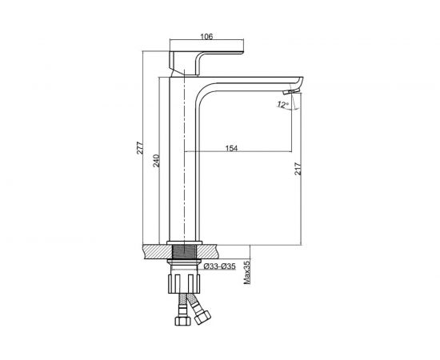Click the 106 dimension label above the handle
point(206,37)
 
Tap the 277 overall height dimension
point(140,148)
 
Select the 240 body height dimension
point(156,161)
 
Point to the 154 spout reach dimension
point(231,148)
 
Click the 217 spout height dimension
point(298,168)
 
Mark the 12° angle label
point(283,105)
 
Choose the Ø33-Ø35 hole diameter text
point(219,266)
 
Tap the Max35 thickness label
point(247,273)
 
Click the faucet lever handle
point(206,54)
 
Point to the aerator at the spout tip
point(291,91)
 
